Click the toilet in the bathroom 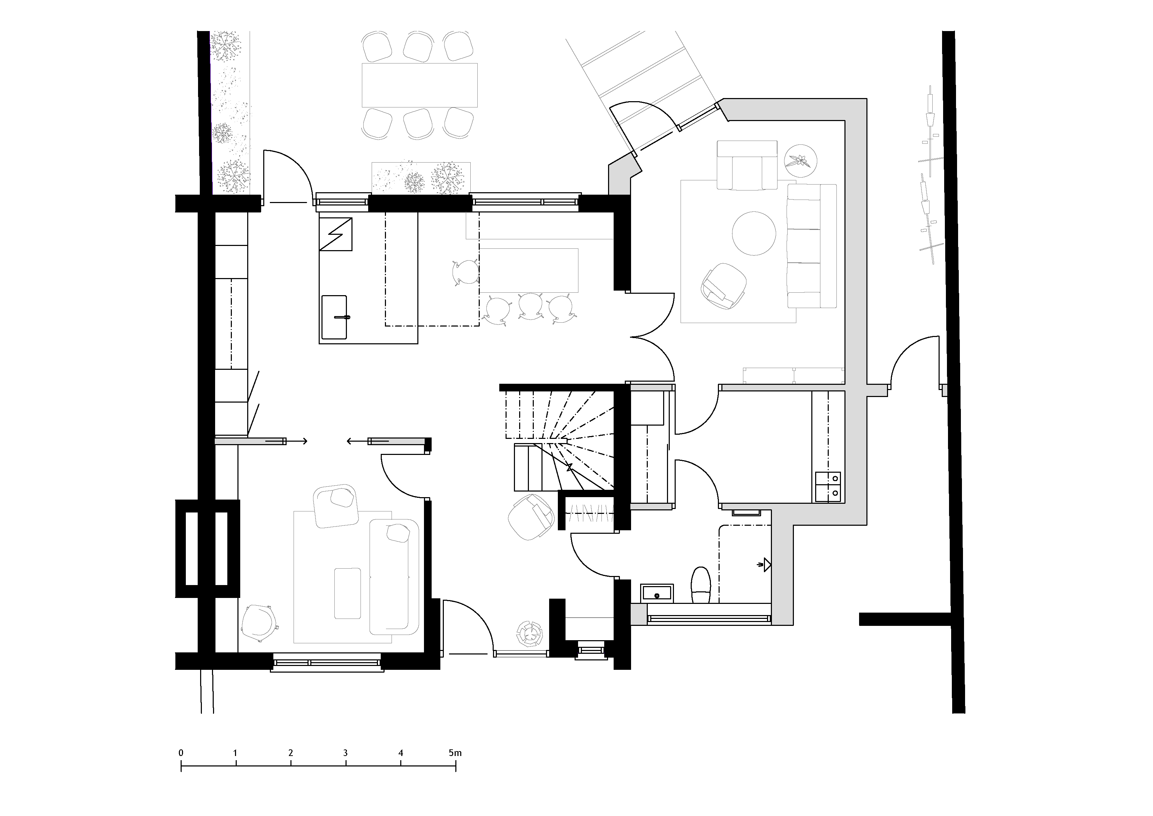pos(700,585)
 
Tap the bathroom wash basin pos(657,593)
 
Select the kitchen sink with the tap pos(334,317)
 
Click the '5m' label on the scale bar pos(455,753)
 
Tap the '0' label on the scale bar pos(181,753)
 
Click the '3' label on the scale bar pos(346,753)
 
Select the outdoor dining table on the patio pos(419,85)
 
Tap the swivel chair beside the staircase pos(531,517)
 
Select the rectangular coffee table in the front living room pos(348,593)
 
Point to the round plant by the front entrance pos(530,634)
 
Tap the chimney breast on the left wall pos(207,549)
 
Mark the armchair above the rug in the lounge pos(747,165)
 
